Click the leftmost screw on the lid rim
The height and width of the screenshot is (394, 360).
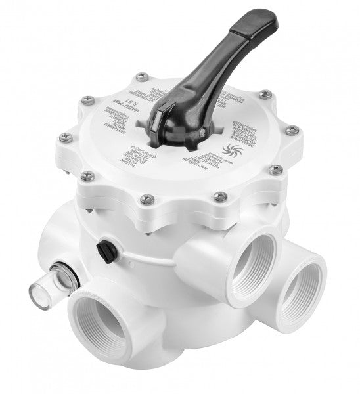64,137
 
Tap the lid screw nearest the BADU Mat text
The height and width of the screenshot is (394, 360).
87,100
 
